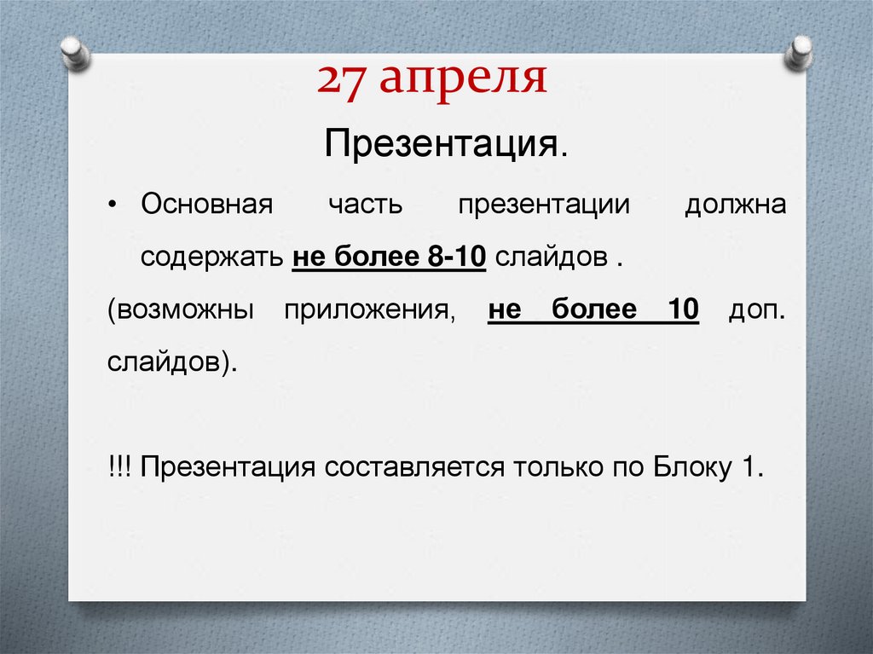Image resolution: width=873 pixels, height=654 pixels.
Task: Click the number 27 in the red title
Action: coord(341,80)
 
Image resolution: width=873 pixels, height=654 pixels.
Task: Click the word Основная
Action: coord(207,207)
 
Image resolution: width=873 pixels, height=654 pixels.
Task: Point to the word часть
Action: coord(364,207)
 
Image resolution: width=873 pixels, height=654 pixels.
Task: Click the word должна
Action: coord(735,207)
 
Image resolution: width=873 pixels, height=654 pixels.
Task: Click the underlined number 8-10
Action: coord(452,257)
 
